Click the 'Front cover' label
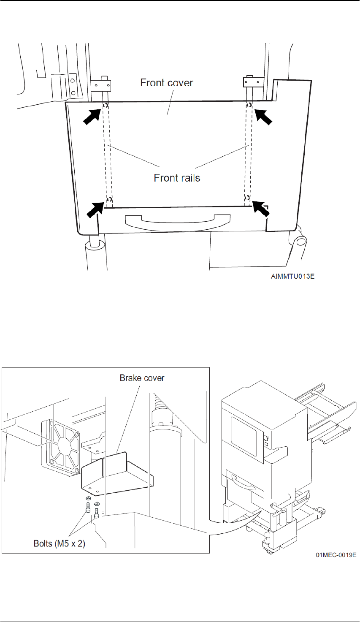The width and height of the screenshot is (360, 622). point(167,82)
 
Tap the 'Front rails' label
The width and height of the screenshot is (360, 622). point(177,178)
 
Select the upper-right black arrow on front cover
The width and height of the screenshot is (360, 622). point(263,116)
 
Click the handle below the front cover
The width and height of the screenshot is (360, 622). point(178,220)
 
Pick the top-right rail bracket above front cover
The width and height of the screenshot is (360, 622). point(253,81)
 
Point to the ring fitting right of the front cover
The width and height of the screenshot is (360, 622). point(301,241)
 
